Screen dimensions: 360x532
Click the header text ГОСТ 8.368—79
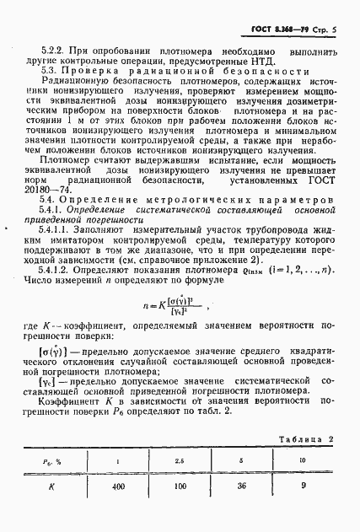click(x=282, y=29)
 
